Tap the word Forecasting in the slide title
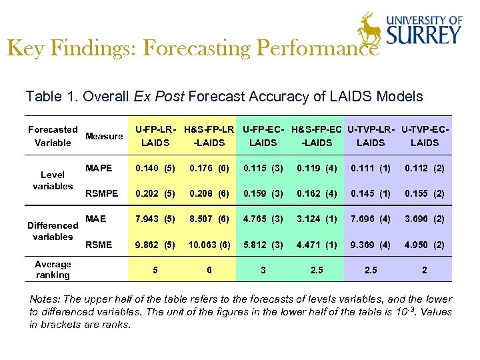click(198, 49)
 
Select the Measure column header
click(104, 136)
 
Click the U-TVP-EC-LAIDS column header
click(425, 136)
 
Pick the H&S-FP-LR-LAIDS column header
click(209, 136)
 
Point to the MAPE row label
click(99, 168)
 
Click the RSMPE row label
click(101, 194)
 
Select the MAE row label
click(95, 219)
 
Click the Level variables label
click(53, 181)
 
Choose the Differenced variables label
click(53, 231)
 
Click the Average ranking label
click(53, 269)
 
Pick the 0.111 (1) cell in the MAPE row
click(371, 169)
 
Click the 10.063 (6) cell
click(209, 245)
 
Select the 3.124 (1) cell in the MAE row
click(317, 219)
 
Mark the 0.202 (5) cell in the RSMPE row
click(155, 194)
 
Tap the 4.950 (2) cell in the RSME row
click(425, 245)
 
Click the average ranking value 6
click(209, 270)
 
